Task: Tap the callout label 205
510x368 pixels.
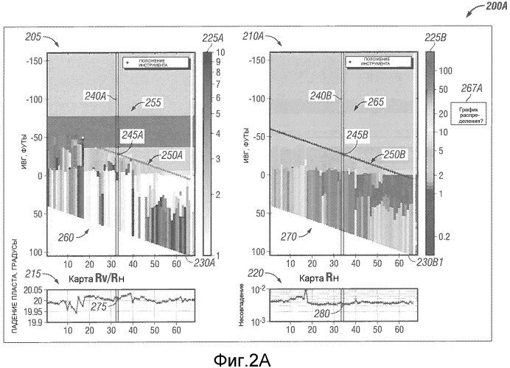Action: (33, 37)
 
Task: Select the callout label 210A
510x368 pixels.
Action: (257, 37)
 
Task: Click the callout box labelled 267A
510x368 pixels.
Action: (472, 111)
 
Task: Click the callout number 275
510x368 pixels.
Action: (99, 308)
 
